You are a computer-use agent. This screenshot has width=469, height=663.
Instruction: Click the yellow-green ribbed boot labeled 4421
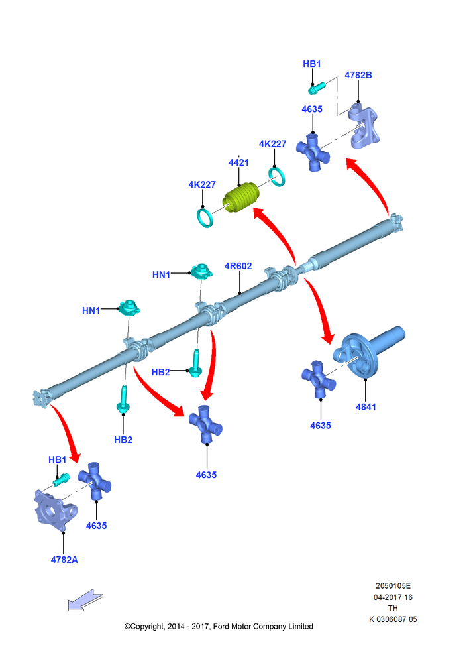241,198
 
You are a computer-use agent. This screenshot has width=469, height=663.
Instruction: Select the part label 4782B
358,76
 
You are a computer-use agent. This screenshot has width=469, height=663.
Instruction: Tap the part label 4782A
64,560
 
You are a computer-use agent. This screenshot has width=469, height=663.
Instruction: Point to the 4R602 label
238,266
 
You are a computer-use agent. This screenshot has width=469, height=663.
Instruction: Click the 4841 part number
366,407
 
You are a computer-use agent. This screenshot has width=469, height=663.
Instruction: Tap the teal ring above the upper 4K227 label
277,177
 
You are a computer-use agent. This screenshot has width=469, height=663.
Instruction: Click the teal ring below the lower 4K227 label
205,217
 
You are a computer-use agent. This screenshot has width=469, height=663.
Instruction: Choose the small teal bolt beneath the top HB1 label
317,88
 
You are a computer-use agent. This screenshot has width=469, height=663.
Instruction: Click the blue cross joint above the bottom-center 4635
205,424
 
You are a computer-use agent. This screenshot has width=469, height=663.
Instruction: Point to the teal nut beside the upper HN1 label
201,271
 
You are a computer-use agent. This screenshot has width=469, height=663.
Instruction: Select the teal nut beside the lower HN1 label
129,308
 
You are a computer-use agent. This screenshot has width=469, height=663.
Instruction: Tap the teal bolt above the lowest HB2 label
123,399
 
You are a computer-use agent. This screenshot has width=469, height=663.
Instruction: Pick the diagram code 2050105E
393,586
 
